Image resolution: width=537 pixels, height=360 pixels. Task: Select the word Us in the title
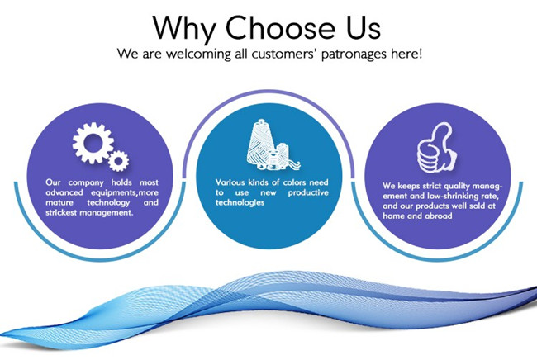click(364, 27)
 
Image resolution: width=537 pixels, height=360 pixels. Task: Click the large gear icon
click(93, 142)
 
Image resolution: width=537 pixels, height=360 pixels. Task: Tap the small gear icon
click(118, 161)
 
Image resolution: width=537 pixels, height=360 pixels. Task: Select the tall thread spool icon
click(260, 144)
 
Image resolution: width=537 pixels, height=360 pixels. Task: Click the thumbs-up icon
click(437, 148)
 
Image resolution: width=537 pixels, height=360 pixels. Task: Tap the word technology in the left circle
click(108, 202)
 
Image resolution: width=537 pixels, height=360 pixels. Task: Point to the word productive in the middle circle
click(308, 192)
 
